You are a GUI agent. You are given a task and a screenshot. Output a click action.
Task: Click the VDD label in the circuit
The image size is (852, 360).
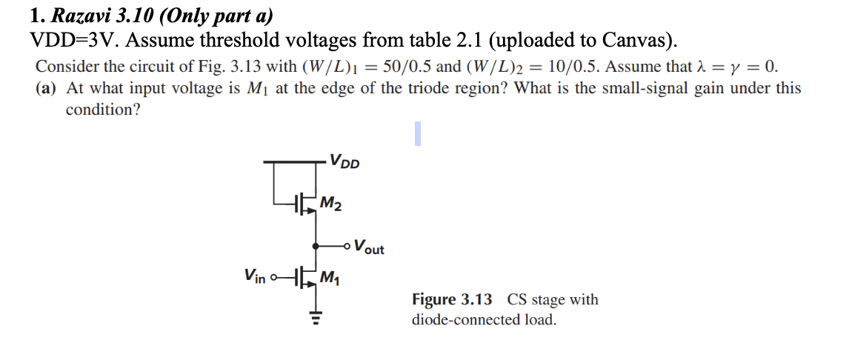(345, 161)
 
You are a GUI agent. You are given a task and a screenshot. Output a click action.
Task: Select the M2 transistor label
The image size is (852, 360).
(331, 203)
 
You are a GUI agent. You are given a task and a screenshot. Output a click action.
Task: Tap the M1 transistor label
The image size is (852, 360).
(330, 279)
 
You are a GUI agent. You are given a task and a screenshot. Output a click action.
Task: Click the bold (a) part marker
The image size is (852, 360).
(47, 89)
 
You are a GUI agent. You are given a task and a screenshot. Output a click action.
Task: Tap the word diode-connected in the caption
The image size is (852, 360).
(459, 321)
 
